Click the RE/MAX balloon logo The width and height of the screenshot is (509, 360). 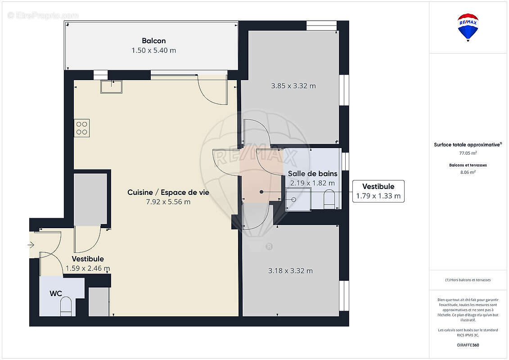click(468, 27)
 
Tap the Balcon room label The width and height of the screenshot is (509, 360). click(153, 41)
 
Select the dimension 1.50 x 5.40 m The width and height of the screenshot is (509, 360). click(153, 50)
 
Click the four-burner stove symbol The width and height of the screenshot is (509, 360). click(82, 128)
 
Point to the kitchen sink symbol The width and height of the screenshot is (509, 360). click(111, 87)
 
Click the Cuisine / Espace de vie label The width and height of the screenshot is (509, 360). click(168, 192)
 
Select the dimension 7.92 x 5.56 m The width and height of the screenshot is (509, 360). click(168, 202)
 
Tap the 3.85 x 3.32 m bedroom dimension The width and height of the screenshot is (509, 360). click(293, 85)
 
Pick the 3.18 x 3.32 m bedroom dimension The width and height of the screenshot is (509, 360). click(290, 270)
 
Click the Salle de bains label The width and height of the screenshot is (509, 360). click(312, 174)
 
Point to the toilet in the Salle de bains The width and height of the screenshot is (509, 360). click(329, 199)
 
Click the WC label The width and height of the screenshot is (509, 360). click(56, 293)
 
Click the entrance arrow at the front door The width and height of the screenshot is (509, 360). click(31, 245)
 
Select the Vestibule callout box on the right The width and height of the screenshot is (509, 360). click(378, 191)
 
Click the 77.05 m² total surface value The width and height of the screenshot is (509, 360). click(468, 153)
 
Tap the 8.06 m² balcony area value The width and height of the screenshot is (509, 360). click(468, 172)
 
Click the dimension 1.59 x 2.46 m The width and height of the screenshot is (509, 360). click(88, 268)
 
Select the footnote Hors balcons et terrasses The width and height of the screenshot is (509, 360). click(468, 280)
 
